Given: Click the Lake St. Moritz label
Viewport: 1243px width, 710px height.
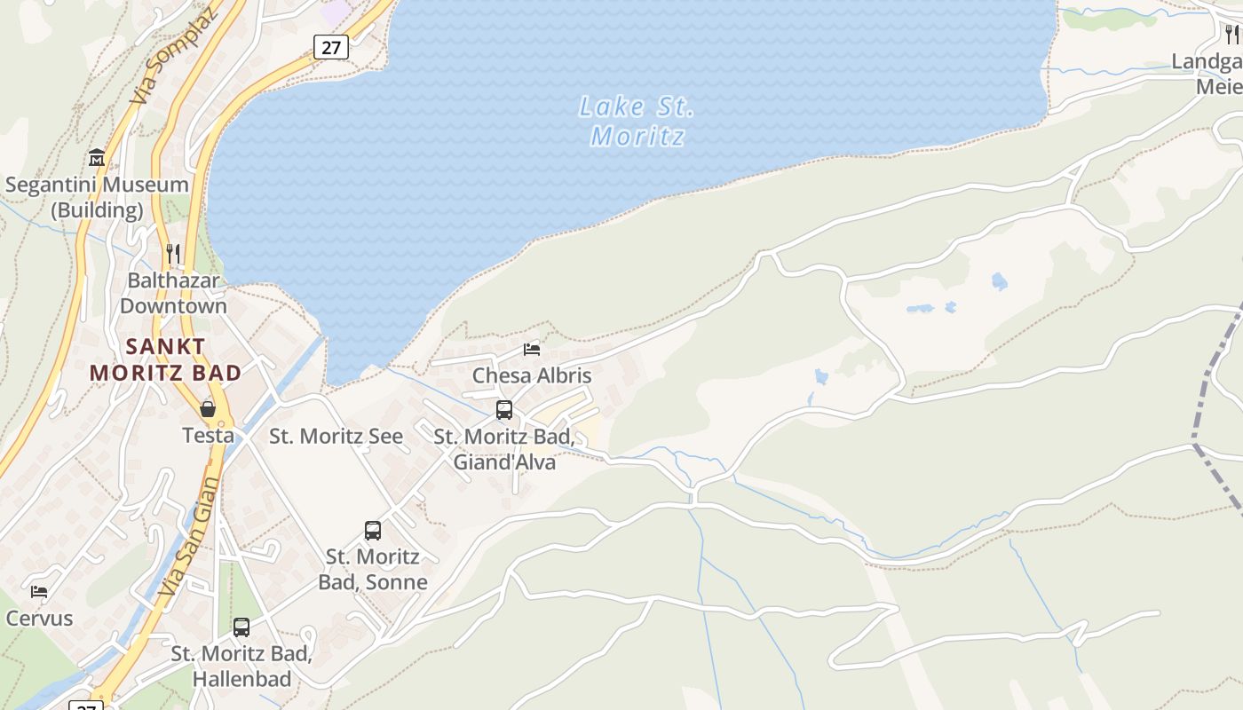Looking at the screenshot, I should pos(637,122).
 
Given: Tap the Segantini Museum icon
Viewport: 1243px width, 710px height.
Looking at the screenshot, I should pos(97,159).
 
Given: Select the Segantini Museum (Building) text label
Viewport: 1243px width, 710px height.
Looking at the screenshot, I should pos(97,197).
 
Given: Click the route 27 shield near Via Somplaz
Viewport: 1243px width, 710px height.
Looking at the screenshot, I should pos(330,47).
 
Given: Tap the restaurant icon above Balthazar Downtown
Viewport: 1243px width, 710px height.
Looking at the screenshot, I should pos(173,255).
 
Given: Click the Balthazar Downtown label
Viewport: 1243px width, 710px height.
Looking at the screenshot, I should pos(173,293).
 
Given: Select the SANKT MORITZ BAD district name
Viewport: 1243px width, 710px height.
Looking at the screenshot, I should pos(165,359).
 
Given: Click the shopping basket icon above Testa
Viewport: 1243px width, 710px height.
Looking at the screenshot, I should pos(208,409).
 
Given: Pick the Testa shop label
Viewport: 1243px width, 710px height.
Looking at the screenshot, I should pos(208,436).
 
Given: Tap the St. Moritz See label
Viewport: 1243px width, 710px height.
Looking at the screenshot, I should pos(336,437).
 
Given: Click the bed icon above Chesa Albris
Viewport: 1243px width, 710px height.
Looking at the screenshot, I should pos(532,350).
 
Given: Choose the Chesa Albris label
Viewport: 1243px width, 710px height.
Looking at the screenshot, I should pos(532,375).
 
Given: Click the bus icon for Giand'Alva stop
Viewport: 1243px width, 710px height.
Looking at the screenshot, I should pos(504,410).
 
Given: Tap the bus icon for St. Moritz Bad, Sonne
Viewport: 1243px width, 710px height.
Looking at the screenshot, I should pos(373,531).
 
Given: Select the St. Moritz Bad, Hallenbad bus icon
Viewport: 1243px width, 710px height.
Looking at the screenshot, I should pos(241,627).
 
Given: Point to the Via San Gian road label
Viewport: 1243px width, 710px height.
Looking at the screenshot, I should pos(188,537).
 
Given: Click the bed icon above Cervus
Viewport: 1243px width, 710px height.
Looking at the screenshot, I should pos(39,592).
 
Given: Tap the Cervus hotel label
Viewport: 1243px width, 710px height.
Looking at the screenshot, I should pos(39,619).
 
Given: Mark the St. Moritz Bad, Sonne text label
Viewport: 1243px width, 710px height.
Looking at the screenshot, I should pos(373,569).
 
